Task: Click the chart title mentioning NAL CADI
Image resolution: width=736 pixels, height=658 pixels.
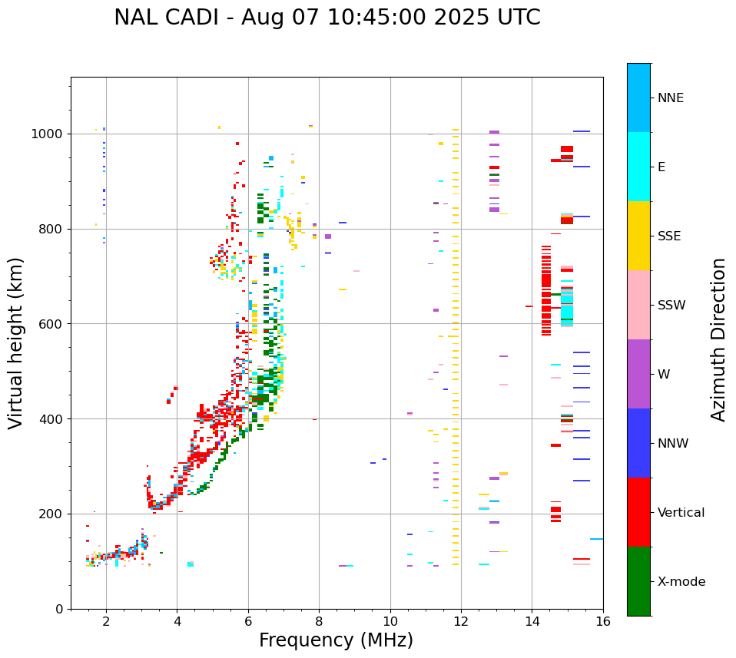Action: (x=327, y=18)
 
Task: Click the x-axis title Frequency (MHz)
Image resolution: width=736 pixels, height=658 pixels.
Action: (x=336, y=640)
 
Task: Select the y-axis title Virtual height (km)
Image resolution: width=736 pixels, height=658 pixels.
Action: (x=16, y=342)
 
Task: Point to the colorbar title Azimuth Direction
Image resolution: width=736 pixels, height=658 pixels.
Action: (x=718, y=339)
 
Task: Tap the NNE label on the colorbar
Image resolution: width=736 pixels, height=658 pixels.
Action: (x=670, y=98)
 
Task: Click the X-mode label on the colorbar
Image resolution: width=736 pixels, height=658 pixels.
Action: (x=681, y=582)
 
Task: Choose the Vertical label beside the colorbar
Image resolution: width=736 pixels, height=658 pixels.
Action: (x=681, y=513)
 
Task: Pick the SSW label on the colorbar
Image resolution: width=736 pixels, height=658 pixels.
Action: (x=671, y=306)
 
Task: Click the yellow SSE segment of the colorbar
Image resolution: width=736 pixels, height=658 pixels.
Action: (x=638, y=236)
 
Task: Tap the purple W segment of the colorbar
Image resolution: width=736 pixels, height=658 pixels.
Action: (x=638, y=374)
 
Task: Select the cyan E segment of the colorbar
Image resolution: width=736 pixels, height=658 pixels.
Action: (x=638, y=167)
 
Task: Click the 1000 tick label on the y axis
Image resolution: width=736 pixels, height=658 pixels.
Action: (x=48, y=134)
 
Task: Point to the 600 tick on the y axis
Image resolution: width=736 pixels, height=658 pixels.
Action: (x=52, y=324)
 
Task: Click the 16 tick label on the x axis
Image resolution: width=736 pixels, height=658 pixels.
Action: (x=603, y=621)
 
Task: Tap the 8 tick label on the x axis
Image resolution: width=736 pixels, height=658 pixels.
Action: (x=319, y=621)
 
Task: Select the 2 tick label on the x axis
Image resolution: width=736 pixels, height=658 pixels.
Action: (x=106, y=621)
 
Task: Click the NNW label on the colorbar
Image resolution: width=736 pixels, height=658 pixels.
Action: (x=673, y=444)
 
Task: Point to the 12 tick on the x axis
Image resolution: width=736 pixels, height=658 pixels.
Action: (x=461, y=621)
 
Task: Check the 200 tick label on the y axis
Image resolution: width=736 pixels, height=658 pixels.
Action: (x=52, y=514)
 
